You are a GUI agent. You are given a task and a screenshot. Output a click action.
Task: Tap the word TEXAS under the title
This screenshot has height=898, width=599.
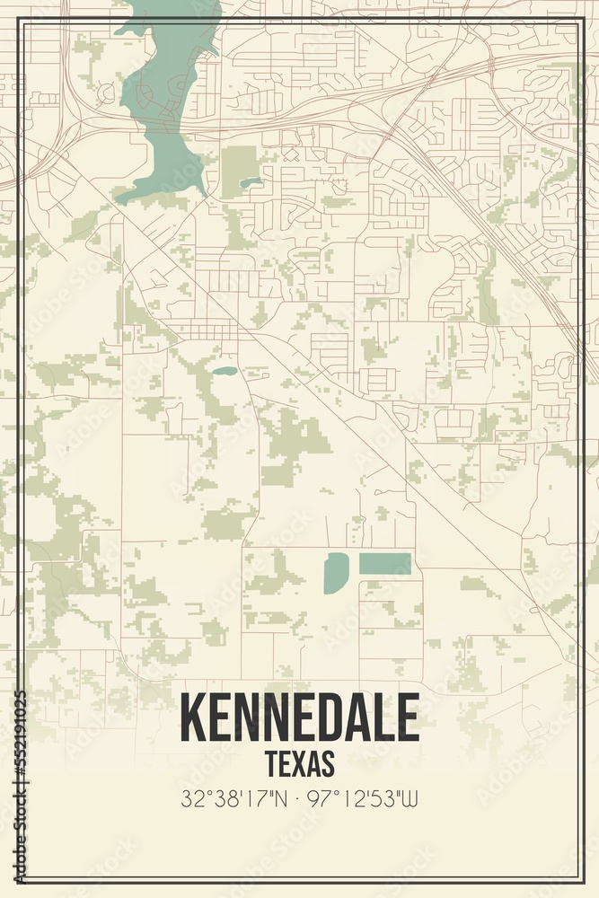[x=299, y=763]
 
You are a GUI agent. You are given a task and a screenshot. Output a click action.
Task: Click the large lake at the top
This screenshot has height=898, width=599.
[x=166, y=99]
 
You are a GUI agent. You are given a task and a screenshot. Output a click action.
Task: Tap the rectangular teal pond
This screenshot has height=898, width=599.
[x=385, y=564]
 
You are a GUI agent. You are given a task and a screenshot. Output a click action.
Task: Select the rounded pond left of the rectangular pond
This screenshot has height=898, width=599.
[x=336, y=572]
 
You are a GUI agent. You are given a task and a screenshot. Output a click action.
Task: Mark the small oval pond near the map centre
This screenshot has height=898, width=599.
[x=224, y=370]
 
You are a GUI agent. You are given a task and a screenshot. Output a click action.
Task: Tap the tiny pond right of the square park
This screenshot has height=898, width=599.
[x=251, y=182]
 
